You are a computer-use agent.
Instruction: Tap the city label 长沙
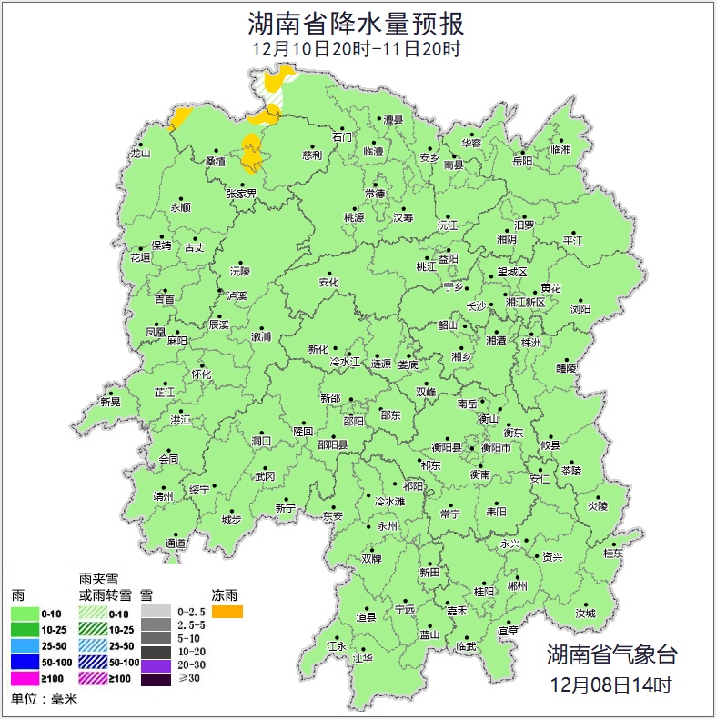click(477, 306)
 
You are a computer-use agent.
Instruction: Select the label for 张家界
click(241, 194)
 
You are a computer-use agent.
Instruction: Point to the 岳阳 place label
click(522, 161)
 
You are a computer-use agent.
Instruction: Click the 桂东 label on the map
click(614, 553)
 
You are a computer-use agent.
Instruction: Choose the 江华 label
click(364, 656)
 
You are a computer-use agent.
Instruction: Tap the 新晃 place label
click(110, 402)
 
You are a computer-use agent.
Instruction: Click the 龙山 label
click(139, 154)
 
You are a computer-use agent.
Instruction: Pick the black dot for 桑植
click(217, 151)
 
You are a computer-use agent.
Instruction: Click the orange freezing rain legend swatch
click(227, 612)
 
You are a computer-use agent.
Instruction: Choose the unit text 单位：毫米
click(45, 700)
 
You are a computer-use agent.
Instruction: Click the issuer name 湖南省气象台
click(611, 654)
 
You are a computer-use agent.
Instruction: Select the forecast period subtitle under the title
click(357, 49)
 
